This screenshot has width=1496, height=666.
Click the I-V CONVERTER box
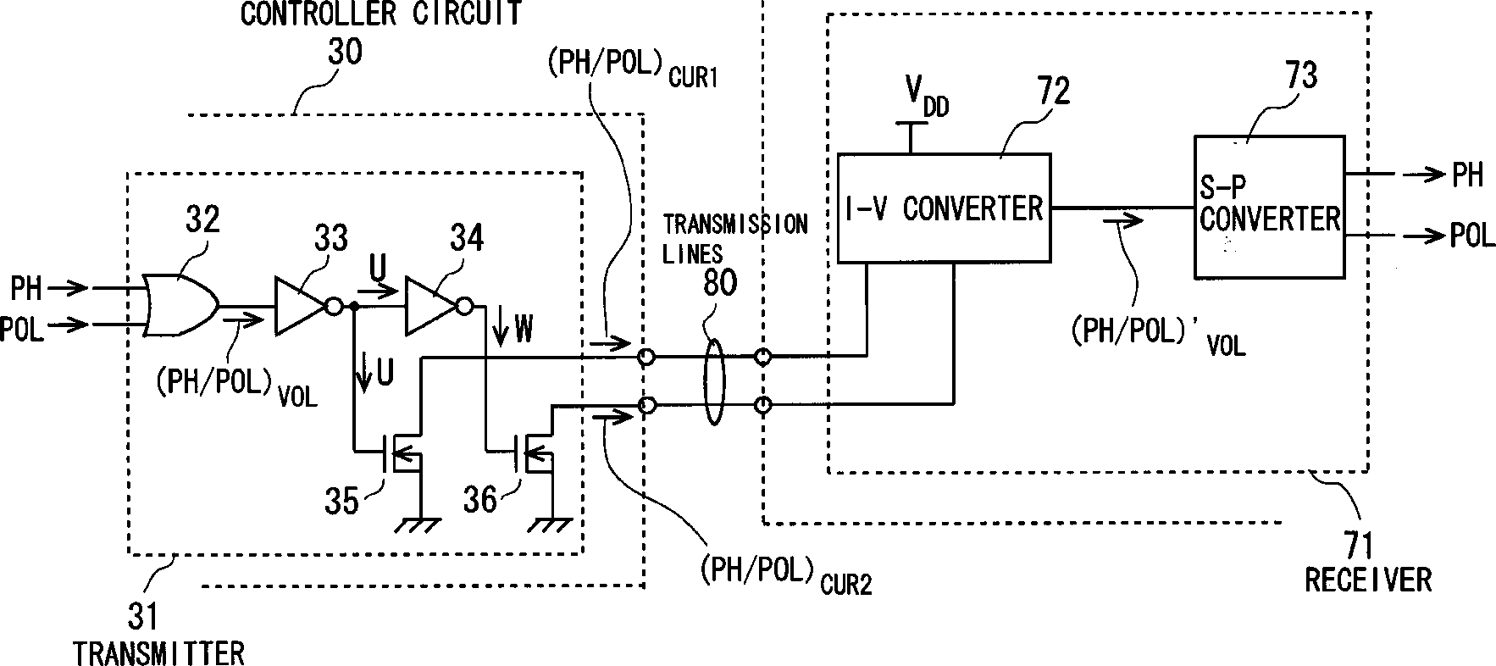tap(944, 208)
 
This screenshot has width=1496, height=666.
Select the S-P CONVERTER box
tap(1269, 207)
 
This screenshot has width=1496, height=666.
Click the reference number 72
tap(1050, 91)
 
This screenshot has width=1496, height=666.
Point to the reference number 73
tap(1297, 75)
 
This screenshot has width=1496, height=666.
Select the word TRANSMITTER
tap(158, 653)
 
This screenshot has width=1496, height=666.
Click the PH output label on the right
tap(1468, 175)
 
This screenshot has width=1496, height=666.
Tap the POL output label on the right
tap(1473, 235)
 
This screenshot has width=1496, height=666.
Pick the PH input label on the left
tap(26, 288)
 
